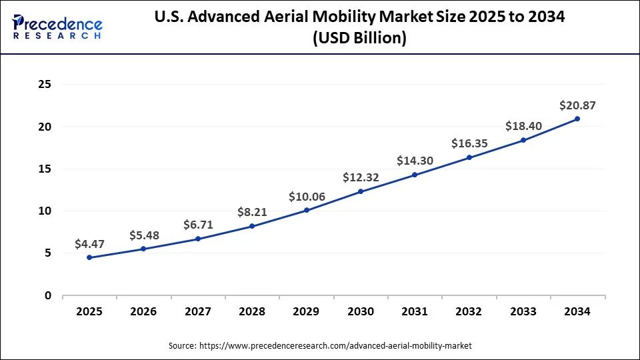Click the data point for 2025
coord(89,257)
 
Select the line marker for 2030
coord(361,191)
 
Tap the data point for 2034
coord(577,119)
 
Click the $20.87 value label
coord(577,105)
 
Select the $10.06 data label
coord(306,197)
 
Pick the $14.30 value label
coord(415,161)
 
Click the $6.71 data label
coord(198,225)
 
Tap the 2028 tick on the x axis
coord(252,311)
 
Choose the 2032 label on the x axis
coord(469,311)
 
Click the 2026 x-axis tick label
coord(143,311)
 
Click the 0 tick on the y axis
coord(48,295)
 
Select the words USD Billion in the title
coord(359,39)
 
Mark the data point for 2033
coord(523,140)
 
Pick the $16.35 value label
coord(469,143)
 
